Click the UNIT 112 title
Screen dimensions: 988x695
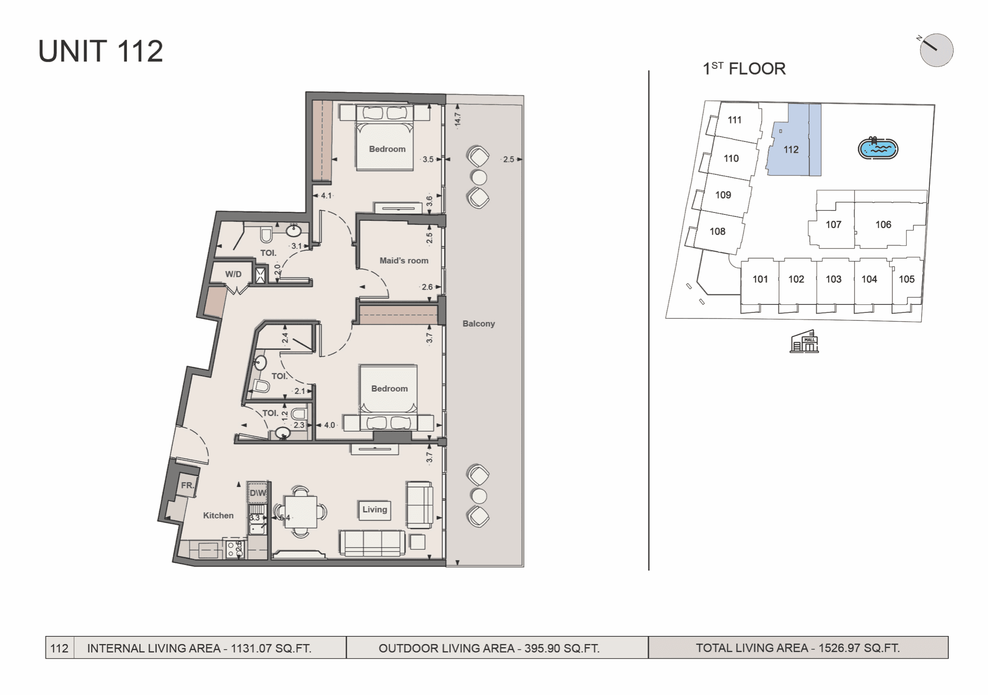[101, 51]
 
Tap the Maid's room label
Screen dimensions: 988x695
[404, 260]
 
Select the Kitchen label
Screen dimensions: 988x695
[218, 515]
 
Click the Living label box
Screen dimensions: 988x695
[374, 510]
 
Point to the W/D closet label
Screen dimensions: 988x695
[233, 274]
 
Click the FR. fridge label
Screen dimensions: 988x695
[187, 485]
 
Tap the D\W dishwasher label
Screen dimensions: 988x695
[258, 493]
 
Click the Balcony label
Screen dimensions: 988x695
[479, 323]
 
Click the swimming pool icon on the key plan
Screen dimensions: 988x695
[878, 148]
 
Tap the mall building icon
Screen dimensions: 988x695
[804, 341]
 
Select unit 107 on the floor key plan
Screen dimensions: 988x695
[834, 225]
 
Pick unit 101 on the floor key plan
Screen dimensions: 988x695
[760, 279]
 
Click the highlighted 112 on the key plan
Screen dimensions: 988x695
[791, 150]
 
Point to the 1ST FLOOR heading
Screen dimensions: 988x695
[744, 69]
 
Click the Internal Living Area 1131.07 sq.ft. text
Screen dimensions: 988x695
[199, 648]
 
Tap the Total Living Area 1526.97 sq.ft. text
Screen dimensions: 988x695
[798, 648]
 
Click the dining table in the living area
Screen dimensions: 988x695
[301, 512]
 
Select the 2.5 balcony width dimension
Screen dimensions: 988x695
[509, 159]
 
